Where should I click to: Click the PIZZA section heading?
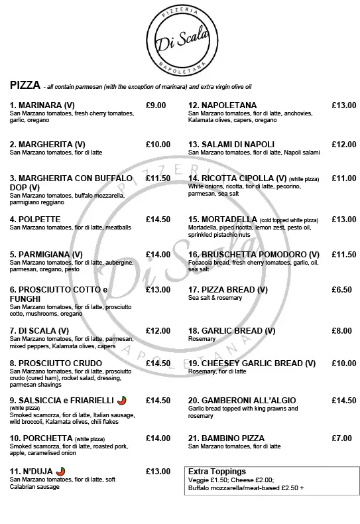pyautogui.click(x=24, y=86)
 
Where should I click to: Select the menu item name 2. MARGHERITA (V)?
pyautogui.click(x=47, y=144)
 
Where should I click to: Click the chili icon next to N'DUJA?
pyautogui.click(x=61, y=471)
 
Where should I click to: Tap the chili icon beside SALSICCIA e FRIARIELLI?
pyautogui.click(x=121, y=400)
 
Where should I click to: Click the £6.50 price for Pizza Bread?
pyautogui.click(x=341, y=290)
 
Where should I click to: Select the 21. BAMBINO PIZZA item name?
pyautogui.click(x=226, y=438)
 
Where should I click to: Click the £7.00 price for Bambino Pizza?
pyautogui.click(x=341, y=438)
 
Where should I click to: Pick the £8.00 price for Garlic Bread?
pyautogui.click(x=341, y=330)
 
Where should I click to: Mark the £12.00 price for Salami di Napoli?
pyautogui.click(x=343, y=144)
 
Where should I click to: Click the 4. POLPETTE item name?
pyautogui.click(x=35, y=219)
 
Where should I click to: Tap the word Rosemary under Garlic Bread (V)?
pyautogui.click(x=202, y=339)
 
